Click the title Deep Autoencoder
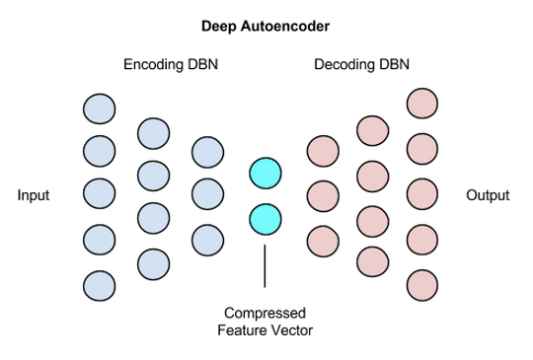[265, 24]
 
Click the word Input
[34, 195]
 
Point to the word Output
[488, 195]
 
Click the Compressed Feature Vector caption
[265, 322]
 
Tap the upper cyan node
[266, 174]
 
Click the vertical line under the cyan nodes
[265, 264]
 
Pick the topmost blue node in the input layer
[100, 107]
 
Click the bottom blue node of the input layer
[100, 285]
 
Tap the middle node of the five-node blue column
[100, 195]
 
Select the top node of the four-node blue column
[154, 131]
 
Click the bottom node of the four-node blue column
[154, 262]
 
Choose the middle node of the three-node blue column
[207, 195]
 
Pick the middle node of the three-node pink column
[323, 195]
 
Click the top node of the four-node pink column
[372, 131]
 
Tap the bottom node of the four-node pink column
[372, 260]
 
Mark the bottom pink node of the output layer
[422, 283]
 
